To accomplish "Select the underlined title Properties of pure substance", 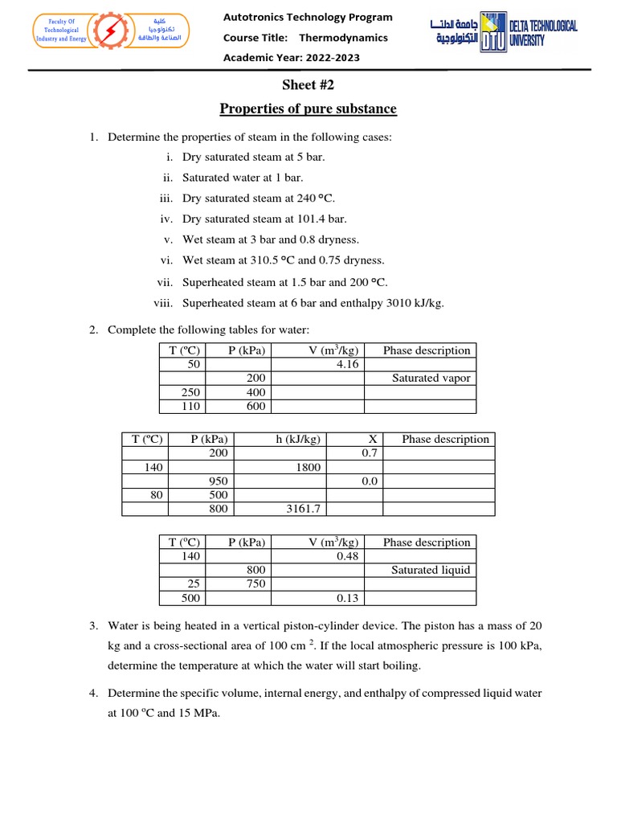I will point(308,109).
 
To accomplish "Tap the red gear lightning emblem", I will point(107,32).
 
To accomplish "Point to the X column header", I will point(372,439).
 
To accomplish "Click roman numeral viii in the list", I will point(163,303).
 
